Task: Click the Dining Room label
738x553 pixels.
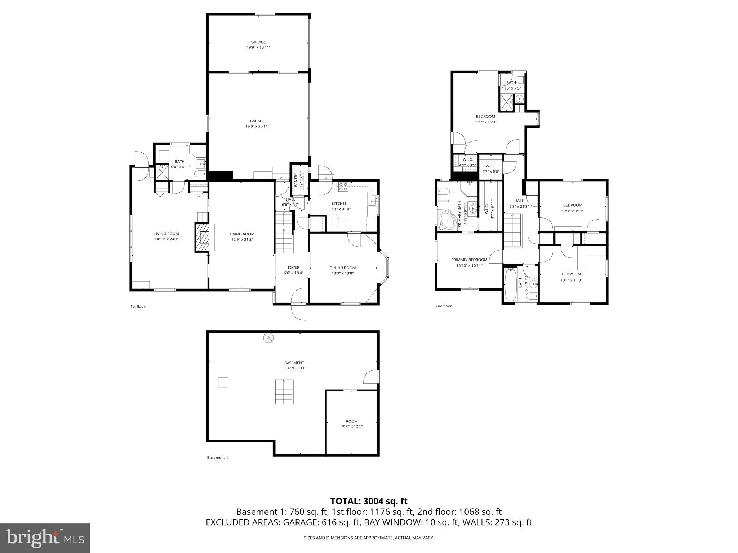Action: tap(342, 268)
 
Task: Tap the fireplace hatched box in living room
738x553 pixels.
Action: tap(204, 237)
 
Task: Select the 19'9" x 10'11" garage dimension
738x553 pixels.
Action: tap(258, 48)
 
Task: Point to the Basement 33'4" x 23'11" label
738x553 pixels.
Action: tap(294, 365)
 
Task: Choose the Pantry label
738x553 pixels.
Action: tap(299, 180)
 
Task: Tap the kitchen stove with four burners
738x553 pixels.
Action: tap(343, 186)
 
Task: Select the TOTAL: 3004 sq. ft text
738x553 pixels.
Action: tap(369, 501)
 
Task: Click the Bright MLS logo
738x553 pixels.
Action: tap(45, 538)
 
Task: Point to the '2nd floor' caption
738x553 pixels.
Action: tap(443, 306)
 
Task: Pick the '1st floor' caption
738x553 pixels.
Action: tap(138, 307)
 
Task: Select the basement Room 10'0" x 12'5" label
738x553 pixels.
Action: tap(352, 424)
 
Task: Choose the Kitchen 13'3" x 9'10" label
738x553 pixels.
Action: tap(339, 206)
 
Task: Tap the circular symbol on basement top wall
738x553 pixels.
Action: tap(268, 338)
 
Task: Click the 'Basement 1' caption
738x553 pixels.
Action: tap(217, 458)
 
